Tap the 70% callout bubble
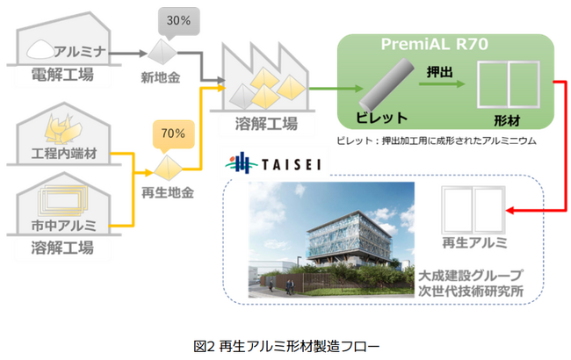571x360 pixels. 173,135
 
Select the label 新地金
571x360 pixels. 161,77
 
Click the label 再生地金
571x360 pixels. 168,192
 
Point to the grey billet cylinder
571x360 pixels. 387,85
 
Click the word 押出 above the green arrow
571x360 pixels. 439,72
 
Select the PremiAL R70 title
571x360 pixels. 435,45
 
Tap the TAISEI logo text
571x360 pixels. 292,164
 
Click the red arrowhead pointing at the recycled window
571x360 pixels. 510,211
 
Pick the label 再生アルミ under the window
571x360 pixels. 474,242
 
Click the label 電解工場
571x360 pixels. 62,75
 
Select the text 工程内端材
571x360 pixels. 64,154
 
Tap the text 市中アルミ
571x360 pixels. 64,226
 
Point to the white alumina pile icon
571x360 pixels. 40,49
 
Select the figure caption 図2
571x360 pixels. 205,346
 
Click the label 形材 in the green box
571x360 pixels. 507,120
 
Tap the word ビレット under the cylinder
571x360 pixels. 381,118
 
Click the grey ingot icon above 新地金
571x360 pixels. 162,53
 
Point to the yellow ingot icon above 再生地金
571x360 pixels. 168,169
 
